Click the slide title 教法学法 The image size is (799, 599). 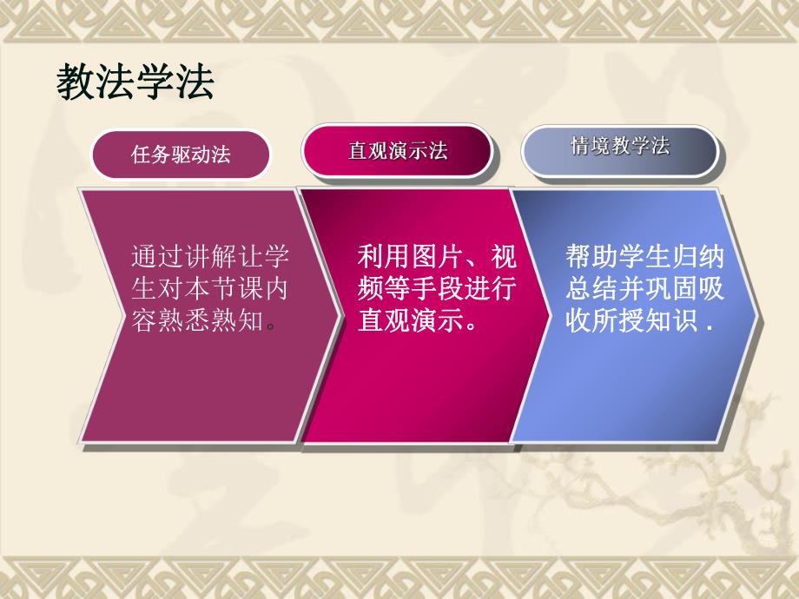(x=135, y=84)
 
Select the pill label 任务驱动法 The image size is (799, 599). (x=181, y=155)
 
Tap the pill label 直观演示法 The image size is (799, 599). (x=398, y=151)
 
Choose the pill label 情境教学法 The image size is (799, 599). (x=619, y=146)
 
